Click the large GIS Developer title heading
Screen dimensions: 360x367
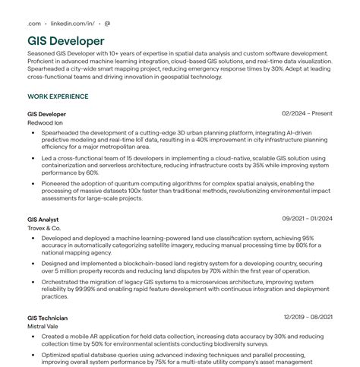pyautogui.click(x=66, y=40)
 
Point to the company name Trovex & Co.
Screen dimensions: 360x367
pyautogui.click(x=44, y=228)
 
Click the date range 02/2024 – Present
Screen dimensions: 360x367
pyautogui.click(x=307, y=113)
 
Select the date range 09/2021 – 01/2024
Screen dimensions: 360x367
pyautogui.click(x=308, y=219)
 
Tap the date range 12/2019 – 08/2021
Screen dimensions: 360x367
pyautogui.click(x=308, y=317)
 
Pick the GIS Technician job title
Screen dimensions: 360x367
pyautogui.click(x=48, y=318)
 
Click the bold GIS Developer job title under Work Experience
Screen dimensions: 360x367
pyautogui.click(x=47, y=113)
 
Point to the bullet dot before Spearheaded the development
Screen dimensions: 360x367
pyautogui.click(x=34, y=132)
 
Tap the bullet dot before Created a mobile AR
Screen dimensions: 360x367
pyautogui.click(x=34, y=336)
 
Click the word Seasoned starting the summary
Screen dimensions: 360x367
pyautogui.click(x=43, y=55)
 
